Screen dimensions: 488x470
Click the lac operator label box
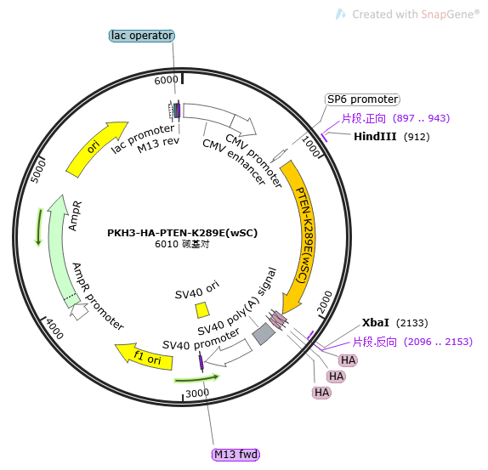142,36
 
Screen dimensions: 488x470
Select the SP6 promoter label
362,99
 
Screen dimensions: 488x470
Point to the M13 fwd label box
235,455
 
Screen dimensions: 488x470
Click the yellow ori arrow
95,148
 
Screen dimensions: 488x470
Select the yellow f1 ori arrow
145,357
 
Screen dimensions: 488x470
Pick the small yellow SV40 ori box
202,310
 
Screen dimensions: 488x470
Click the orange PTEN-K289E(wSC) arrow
299,236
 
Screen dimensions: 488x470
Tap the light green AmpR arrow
60,249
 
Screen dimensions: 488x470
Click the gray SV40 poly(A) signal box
264,334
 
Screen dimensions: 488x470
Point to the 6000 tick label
166,80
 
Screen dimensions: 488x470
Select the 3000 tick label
197,394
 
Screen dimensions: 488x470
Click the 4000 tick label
54,329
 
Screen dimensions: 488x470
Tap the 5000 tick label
38,172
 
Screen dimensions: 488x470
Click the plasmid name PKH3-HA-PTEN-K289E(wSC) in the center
183,233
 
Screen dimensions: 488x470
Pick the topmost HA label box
348,360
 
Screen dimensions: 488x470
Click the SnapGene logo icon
340,14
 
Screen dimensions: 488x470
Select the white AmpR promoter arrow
79,311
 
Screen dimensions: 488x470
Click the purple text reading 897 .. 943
422,118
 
